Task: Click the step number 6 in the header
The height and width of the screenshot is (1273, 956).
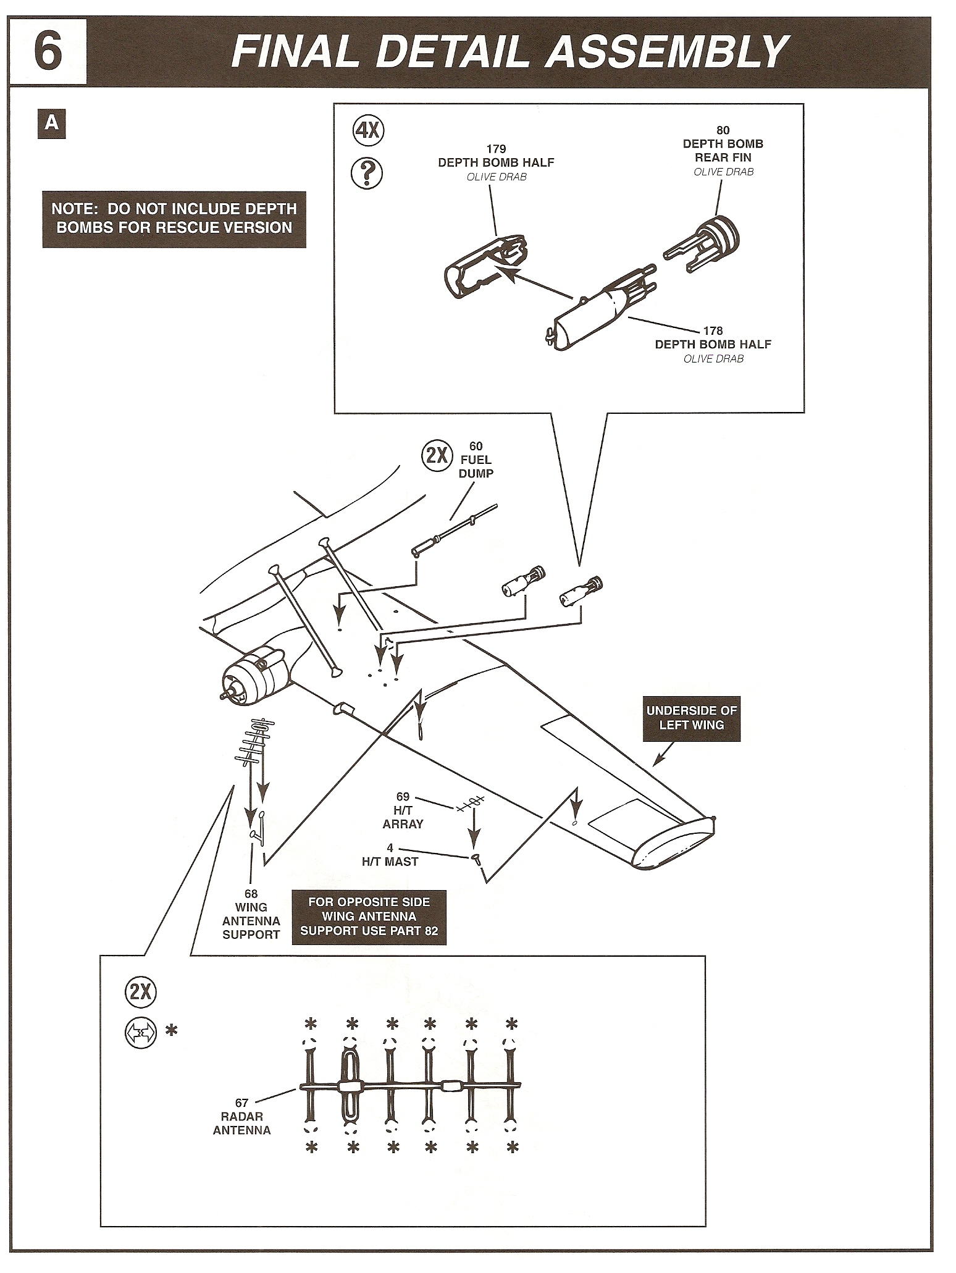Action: [x=48, y=52]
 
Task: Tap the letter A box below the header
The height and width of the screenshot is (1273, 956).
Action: [x=52, y=124]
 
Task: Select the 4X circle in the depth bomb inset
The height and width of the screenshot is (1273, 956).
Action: [x=368, y=132]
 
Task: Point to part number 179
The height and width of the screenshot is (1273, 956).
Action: [x=496, y=149]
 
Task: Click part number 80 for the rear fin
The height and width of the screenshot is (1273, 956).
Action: [x=723, y=130]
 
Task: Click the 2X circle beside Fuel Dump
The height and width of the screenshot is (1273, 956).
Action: [x=437, y=456]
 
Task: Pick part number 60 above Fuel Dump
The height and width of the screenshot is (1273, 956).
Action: [x=476, y=446]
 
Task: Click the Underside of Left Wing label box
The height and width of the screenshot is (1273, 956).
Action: [x=691, y=718]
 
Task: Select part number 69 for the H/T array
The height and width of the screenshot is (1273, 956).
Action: [x=403, y=797]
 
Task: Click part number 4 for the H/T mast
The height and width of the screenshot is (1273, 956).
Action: [x=390, y=848]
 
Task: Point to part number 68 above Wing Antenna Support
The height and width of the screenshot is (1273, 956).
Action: [x=251, y=894]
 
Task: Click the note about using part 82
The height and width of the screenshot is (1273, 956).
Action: [x=369, y=917]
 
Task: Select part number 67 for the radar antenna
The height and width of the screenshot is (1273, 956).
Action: [x=241, y=1103]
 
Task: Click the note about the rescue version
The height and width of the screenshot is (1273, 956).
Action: [x=174, y=219]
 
